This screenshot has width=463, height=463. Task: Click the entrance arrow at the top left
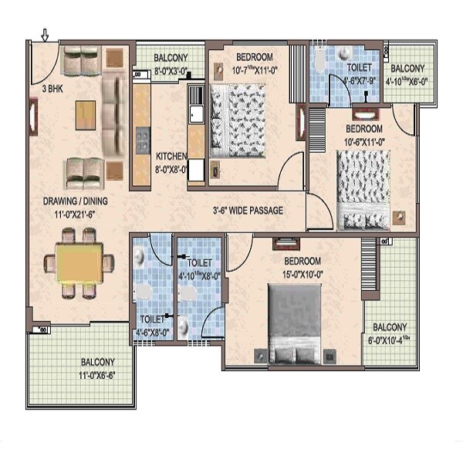pyautogui.click(x=45, y=35)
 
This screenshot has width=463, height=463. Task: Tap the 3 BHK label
pyautogui.click(x=52, y=89)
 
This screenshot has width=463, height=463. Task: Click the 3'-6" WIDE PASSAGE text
pyautogui.click(x=248, y=211)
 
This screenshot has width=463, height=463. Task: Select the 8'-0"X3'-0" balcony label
pyautogui.click(x=171, y=64)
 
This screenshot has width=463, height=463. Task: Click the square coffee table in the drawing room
pyautogui.click(x=86, y=116)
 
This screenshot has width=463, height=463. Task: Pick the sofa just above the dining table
pyautogui.click(x=84, y=172)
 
